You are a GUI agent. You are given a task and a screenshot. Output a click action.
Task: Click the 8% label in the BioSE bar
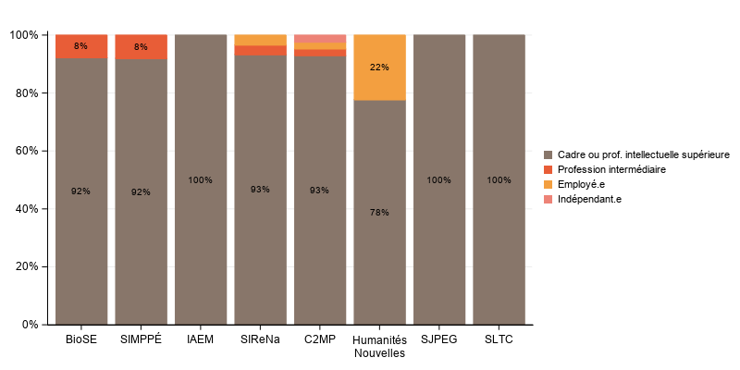[x=81, y=46]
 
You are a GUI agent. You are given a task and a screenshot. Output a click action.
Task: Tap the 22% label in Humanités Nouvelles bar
[x=379, y=68]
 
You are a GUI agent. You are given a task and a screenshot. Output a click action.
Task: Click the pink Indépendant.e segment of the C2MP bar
[x=319, y=38]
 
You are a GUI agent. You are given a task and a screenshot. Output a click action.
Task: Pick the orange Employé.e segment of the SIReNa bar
[x=260, y=40]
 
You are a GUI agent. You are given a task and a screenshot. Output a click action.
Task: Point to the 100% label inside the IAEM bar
[x=201, y=180]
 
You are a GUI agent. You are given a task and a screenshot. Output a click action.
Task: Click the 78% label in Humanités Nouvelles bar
[x=379, y=213]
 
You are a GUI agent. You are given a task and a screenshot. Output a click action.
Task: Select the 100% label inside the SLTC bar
[x=499, y=180]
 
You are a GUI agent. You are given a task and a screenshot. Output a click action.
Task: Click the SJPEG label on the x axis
[x=438, y=339]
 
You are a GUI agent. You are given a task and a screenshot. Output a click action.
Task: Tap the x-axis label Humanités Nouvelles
[x=379, y=346]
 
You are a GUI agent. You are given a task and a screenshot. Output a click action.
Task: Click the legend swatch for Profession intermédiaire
[x=549, y=169]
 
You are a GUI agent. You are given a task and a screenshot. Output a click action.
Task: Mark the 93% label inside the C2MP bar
[x=319, y=190]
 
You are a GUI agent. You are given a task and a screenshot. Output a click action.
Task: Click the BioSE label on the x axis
[x=81, y=339]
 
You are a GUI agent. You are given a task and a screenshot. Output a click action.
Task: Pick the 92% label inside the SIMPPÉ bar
[x=141, y=192]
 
